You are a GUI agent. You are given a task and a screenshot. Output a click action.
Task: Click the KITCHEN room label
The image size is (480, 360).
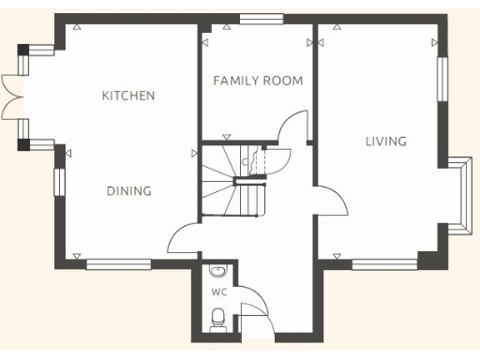(x=128, y=96)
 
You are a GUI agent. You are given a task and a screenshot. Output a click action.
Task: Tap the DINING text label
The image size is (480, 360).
(x=128, y=191)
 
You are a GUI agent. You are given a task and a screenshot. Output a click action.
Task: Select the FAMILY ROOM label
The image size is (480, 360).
(x=258, y=81)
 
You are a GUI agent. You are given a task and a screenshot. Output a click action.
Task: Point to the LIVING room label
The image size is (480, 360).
(x=385, y=142)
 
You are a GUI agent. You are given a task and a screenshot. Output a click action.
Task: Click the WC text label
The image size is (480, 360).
(x=218, y=292)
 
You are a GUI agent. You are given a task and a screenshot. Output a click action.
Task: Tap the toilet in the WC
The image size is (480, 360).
(x=217, y=323)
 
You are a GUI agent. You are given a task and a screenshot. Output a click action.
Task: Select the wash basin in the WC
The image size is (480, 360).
(x=217, y=272)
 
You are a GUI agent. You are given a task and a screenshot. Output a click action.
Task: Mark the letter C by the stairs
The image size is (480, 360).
(x=245, y=162)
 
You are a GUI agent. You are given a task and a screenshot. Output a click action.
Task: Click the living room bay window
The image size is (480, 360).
(x=462, y=192)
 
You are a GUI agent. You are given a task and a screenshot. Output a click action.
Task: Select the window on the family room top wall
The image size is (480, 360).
(x=261, y=18)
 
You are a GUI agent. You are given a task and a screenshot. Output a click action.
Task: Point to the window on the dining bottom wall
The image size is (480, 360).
(x=119, y=264)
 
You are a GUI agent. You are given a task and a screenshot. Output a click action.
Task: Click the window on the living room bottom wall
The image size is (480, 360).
(x=384, y=264)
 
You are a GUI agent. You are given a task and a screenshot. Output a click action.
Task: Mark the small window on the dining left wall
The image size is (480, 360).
(x=58, y=181)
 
